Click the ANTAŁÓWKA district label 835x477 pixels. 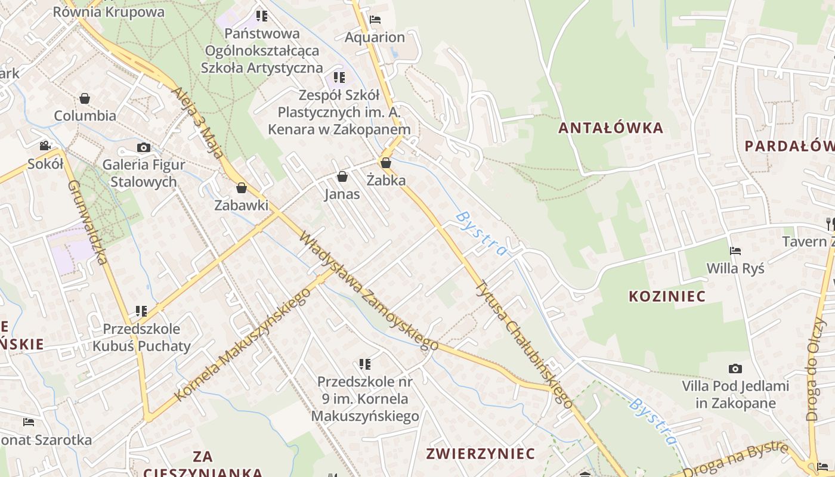[x=611, y=128]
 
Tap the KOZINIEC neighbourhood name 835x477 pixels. [x=667, y=296]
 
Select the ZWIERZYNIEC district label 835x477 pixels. [x=480, y=454]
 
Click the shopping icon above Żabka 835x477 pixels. [x=386, y=163]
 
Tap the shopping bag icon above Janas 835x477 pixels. [x=342, y=176]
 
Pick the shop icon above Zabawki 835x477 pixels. [x=242, y=188]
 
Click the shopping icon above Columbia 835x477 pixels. [x=85, y=98]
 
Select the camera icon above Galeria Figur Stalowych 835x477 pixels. [x=143, y=147]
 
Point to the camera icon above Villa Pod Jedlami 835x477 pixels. [x=735, y=369]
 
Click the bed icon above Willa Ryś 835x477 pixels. [x=735, y=251]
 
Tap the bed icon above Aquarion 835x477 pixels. [x=375, y=20]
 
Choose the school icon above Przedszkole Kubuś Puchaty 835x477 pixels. [x=141, y=311]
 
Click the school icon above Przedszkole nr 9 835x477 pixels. [x=365, y=364]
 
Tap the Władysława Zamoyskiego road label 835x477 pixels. [x=368, y=290]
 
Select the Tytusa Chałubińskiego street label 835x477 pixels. [x=525, y=345]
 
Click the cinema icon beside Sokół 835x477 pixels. [x=45, y=145]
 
